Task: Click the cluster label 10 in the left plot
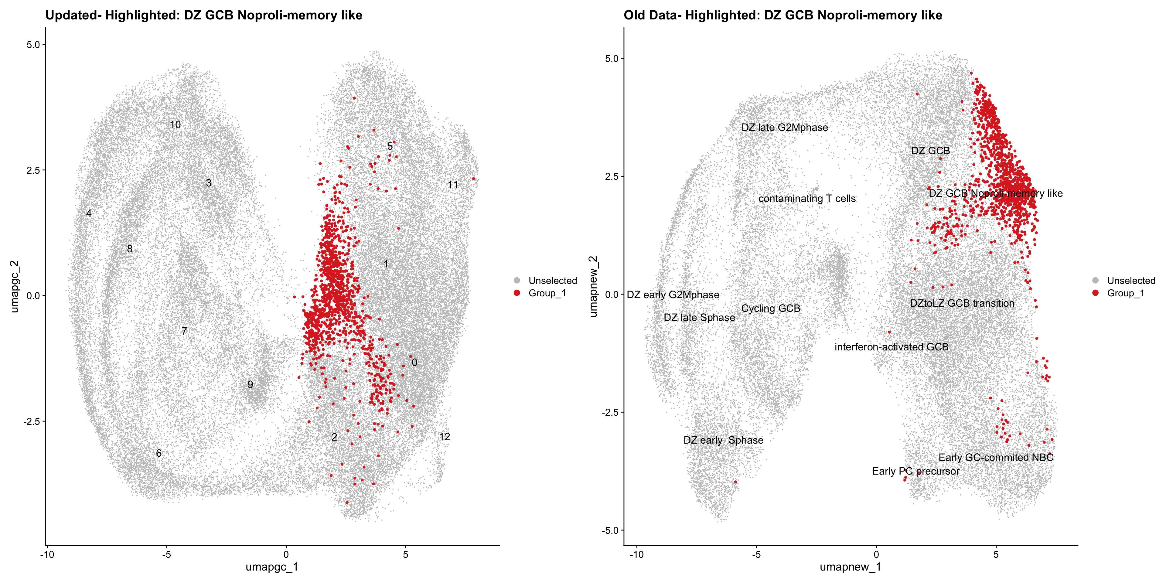(175, 125)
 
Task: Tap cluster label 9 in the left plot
(250, 385)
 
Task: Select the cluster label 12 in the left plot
(445, 437)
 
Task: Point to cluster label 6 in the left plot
(159, 453)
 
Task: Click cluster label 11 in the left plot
(453, 185)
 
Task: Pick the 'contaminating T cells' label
(807, 199)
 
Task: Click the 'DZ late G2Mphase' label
(784, 128)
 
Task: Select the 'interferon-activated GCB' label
(891, 347)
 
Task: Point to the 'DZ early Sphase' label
(723, 440)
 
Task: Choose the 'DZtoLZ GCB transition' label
(962, 303)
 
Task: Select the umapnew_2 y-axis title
(593, 287)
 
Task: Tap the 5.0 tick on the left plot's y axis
(33, 44)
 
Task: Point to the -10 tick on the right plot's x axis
(636, 554)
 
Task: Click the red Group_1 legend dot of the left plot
(517, 293)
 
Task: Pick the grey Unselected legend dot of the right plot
(1095, 281)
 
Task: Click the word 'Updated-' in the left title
(73, 15)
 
